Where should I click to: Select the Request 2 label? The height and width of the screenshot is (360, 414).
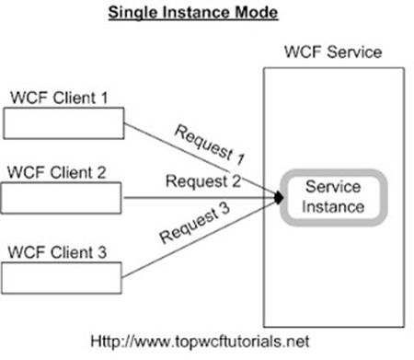tap(203, 180)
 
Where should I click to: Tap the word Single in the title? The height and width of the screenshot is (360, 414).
tap(132, 14)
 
